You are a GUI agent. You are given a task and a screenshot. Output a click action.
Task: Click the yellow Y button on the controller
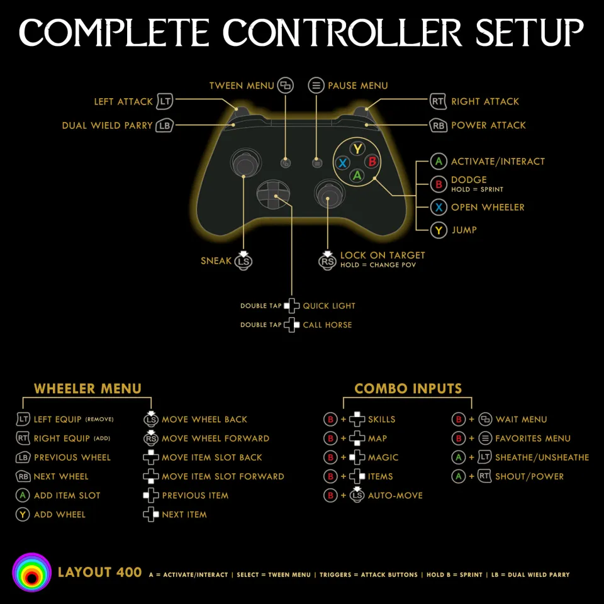tap(357, 148)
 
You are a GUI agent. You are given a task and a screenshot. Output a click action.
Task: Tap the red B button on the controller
tap(372, 162)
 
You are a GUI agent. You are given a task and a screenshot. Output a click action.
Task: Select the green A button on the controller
tap(357, 176)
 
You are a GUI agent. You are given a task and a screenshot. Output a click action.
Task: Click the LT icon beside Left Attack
tap(165, 101)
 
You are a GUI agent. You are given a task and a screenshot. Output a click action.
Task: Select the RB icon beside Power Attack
tap(439, 125)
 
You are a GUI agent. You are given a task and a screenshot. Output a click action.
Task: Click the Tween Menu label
tap(242, 86)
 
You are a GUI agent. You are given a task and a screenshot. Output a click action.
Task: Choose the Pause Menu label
tap(357, 86)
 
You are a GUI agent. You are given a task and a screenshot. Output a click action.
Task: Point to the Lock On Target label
tap(383, 255)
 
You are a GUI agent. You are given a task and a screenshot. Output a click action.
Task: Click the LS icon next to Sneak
tap(244, 261)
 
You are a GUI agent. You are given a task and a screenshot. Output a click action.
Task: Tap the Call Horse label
tap(327, 325)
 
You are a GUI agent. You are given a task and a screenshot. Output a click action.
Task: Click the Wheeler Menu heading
tap(87, 389)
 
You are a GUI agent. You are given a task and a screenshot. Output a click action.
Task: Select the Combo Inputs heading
tap(408, 389)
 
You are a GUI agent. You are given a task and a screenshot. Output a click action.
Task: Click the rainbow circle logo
tap(31, 573)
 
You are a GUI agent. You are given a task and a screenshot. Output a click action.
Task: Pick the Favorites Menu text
tap(533, 439)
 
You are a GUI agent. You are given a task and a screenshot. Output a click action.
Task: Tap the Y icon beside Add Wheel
tap(23, 515)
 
